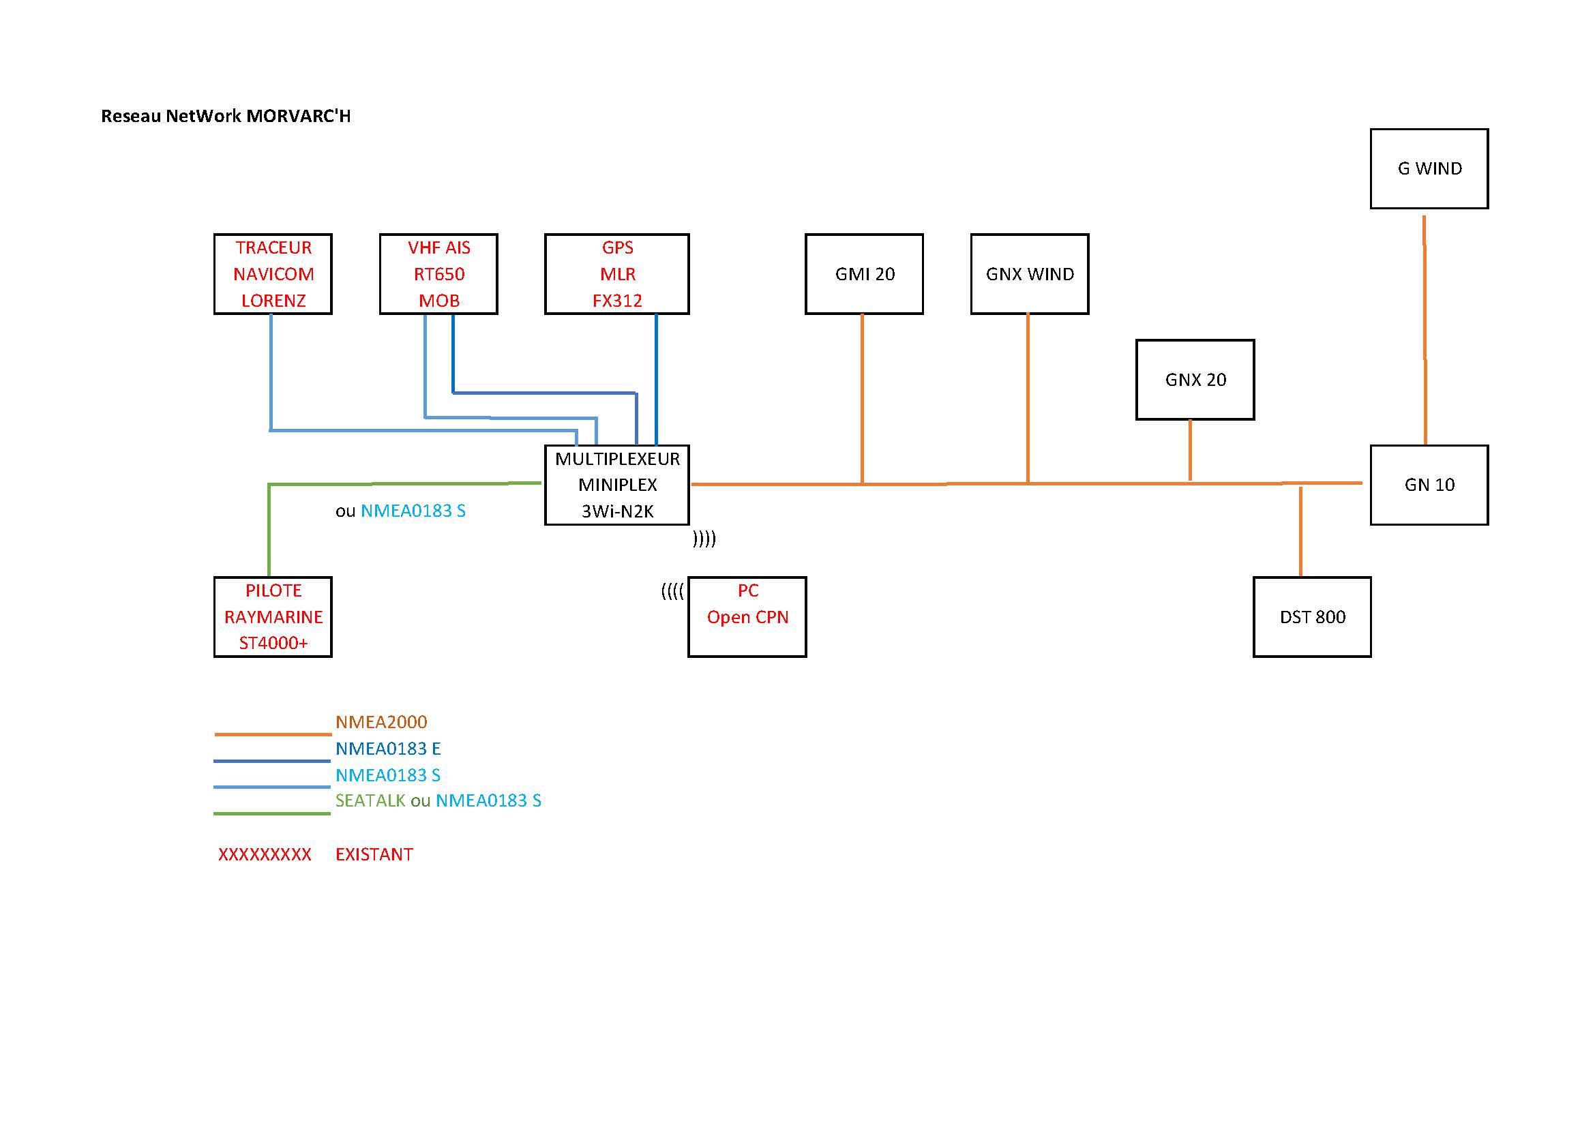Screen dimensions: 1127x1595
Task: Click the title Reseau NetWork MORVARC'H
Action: point(226,116)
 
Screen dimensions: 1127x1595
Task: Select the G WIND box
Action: point(1429,168)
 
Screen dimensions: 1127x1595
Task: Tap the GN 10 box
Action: point(1429,485)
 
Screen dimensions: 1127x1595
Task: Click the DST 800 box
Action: point(1312,616)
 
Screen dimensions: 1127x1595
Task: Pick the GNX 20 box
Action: point(1195,380)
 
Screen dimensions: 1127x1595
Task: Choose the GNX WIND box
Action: point(1030,274)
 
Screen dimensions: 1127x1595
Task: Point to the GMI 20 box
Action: point(864,274)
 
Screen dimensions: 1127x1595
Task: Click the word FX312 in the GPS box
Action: point(617,301)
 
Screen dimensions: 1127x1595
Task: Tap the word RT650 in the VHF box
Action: point(439,274)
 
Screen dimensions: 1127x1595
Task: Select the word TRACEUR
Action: point(273,248)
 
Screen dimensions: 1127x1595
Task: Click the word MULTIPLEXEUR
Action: point(617,459)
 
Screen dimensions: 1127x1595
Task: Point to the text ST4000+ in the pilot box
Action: point(273,643)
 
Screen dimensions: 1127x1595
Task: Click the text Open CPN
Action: point(747,617)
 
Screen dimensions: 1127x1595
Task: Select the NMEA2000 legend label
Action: point(381,722)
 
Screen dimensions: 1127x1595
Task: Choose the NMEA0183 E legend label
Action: point(387,749)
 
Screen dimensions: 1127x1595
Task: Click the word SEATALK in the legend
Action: point(370,800)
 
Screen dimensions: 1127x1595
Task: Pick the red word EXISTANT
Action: point(374,854)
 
